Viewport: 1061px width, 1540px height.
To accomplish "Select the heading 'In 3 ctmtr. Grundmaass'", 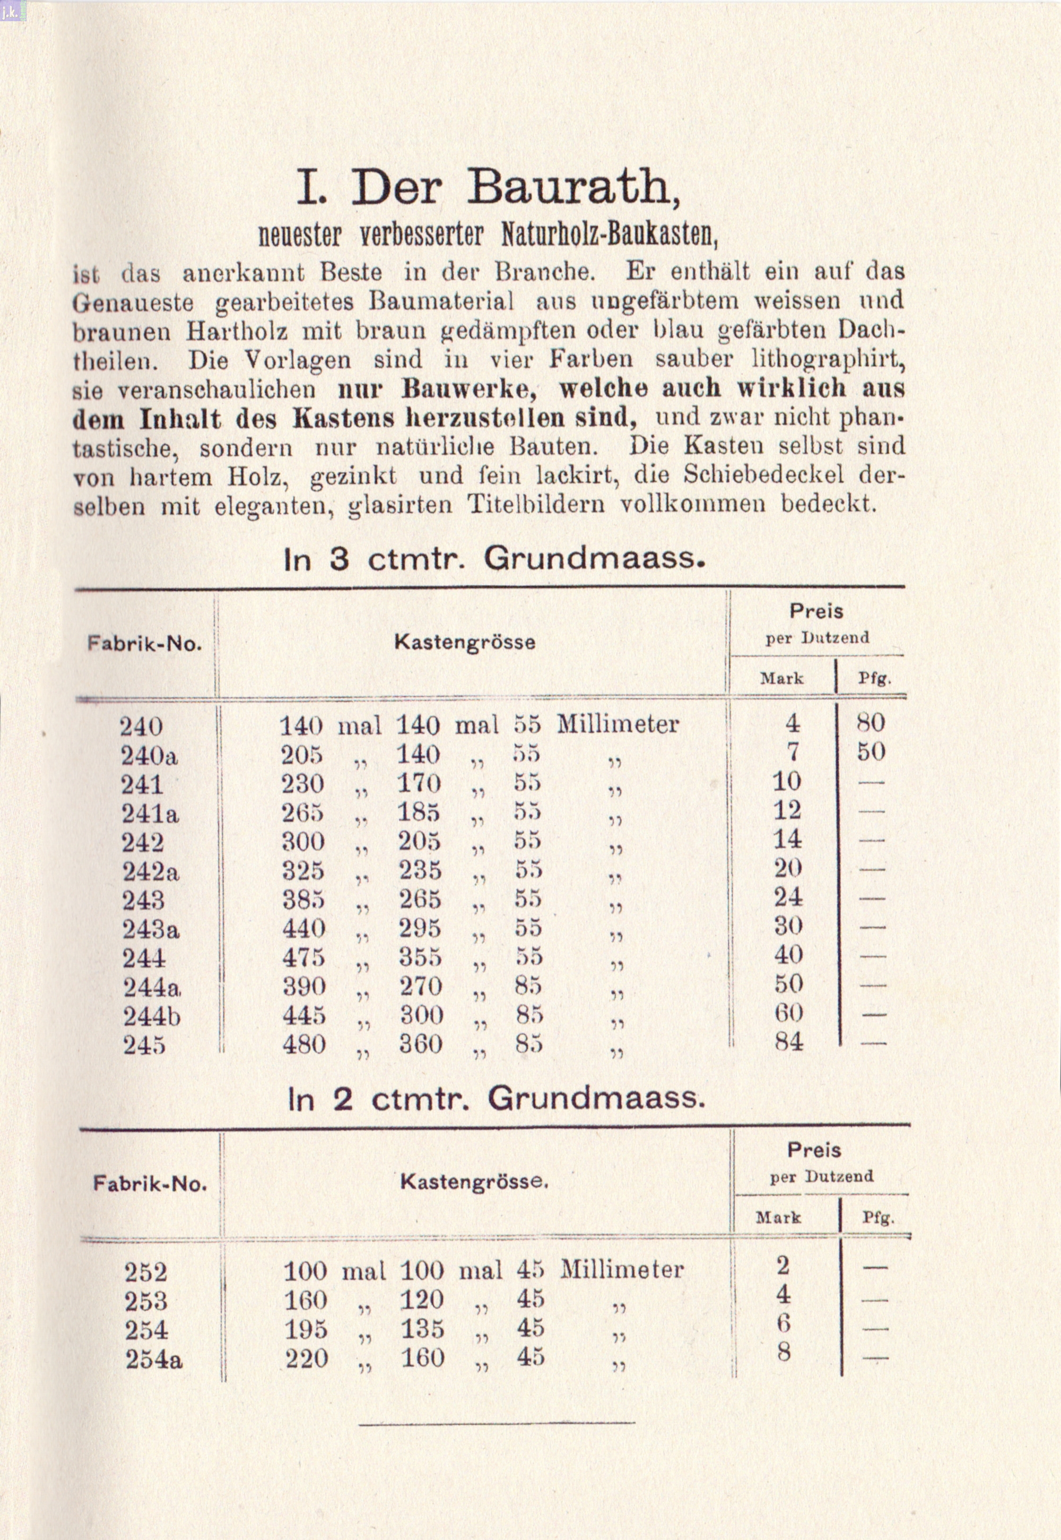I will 493,559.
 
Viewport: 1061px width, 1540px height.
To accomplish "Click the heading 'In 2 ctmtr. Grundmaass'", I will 495,1099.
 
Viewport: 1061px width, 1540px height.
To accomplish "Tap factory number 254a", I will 153,1360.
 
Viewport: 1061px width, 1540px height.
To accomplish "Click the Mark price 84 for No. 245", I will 788,1041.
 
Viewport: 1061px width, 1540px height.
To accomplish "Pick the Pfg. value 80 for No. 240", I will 870,723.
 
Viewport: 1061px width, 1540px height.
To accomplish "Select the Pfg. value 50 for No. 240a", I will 870,752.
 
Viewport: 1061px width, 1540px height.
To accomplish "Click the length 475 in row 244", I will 303,957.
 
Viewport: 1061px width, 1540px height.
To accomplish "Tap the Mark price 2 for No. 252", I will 782,1265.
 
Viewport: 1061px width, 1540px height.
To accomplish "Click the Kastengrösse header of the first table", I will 465,642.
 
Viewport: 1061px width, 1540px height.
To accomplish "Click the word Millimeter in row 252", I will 621,1270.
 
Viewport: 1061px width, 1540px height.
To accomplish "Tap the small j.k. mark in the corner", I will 13,10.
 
